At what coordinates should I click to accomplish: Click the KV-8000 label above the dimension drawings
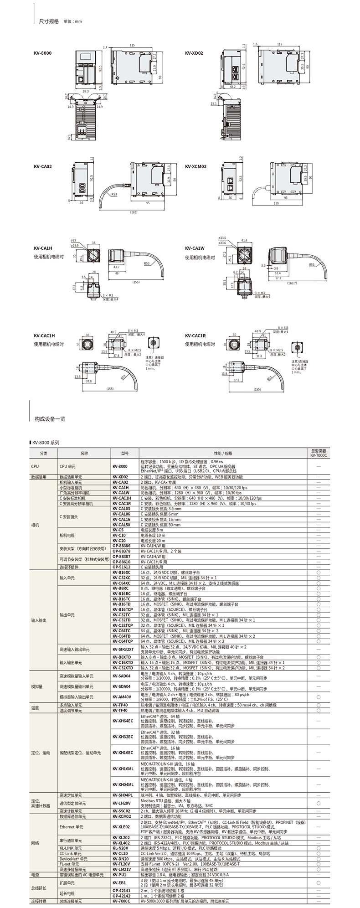pyautogui.click(x=42, y=53)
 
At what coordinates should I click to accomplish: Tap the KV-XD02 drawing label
pyautogui.click(x=194, y=53)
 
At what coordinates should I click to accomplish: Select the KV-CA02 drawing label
pyautogui.click(x=42, y=166)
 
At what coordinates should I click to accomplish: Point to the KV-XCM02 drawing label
pyautogui.click(x=196, y=166)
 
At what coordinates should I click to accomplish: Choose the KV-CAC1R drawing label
pyautogui.click(x=195, y=335)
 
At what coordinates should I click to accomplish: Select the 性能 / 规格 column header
pyautogui.click(x=223, y=453)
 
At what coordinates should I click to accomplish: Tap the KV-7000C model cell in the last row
pyautogui.click(x=121, y=901)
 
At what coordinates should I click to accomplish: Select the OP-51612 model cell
pyautogui.click(x=121, y=567)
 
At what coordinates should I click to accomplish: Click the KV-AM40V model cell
pyautogui.click(x=122, y=696)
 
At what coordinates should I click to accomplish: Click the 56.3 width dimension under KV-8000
pyautogui.click(x=85, y=91)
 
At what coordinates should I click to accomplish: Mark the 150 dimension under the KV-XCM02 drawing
pyautogui.click(x=276, y=203)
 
